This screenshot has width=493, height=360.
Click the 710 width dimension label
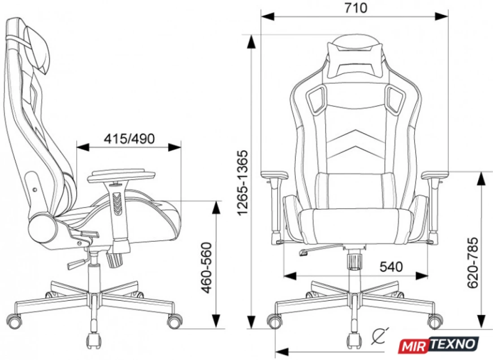tap(355, 8)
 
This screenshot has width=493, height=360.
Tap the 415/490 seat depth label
tap(129, 139)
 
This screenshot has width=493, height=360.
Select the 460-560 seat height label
tap(206, 268)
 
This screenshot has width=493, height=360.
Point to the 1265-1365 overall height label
tap(243, 183)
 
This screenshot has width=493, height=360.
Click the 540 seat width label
tap(391, 267)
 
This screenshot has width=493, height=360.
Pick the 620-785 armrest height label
tap(472, 263)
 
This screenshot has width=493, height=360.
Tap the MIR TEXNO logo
tap(439, 344)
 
